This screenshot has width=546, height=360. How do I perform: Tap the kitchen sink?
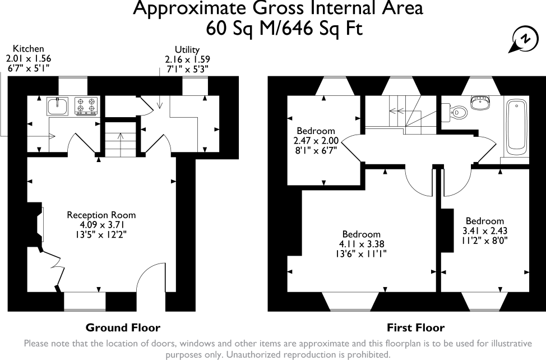[57, 106]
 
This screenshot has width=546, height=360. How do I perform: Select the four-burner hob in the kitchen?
[86, 106]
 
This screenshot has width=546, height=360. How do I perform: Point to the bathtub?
[517, 127]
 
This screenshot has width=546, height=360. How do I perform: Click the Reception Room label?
[101, 215]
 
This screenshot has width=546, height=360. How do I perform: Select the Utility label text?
[187, 49]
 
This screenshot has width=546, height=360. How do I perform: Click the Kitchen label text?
[28, 48]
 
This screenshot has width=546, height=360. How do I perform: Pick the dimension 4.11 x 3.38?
[361, 244]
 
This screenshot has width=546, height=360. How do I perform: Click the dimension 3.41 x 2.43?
[485, 230]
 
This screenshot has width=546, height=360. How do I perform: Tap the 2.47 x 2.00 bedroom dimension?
[316, 141]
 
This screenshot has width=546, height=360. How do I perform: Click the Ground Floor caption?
[123, 327]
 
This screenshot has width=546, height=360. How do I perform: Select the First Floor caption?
[416, 327]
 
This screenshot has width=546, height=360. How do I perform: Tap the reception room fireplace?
[36, 224]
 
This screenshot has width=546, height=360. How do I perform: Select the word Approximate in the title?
[190, 8]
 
